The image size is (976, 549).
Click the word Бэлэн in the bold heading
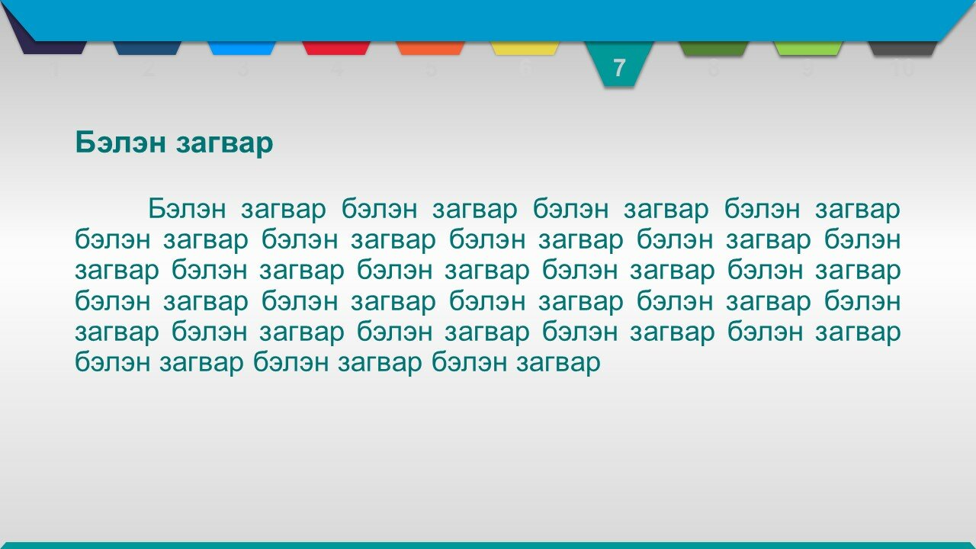point(120,142)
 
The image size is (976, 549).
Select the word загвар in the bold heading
point(224,144)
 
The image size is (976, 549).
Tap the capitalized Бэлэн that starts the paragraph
point(187,208)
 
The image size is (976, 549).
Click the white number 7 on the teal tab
point(619,68)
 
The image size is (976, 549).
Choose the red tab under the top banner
point(336,48)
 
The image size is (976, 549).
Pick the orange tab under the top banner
point(431,48)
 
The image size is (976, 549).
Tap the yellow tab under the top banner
point(525,48)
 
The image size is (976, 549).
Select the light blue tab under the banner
point(242,48)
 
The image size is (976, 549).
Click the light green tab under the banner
point(808,48)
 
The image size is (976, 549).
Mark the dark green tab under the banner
point(714,48)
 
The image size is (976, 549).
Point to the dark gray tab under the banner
point(903,48)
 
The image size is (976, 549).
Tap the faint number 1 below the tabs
point(53,69)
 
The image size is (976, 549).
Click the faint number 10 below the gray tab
point(903,69)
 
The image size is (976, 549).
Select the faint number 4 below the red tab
point(336,69)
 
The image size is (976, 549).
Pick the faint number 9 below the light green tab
point(808,69)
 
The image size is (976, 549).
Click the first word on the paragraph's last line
point(113,361)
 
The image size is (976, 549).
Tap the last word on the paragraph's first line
point(858,210)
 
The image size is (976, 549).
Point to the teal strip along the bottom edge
point(488,545)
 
